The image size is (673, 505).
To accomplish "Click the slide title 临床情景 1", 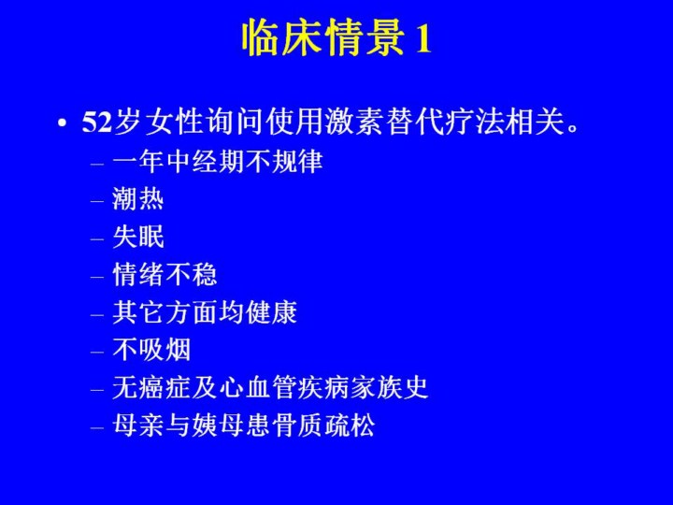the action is (x=336, y=37).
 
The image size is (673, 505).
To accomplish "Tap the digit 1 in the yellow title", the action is (x=422, y=39).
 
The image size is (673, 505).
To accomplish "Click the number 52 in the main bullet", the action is (x=96, y=123).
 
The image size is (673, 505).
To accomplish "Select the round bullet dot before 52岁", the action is (x=63, y=123).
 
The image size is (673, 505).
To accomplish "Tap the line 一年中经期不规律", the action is (x=217, y=161).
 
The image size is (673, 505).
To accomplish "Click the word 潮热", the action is (x=137, y=199).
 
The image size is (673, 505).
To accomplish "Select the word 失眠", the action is (x=137, y=237).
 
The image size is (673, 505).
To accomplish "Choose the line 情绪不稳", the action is (x=165, y=274).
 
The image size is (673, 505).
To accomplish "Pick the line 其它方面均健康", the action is (x=205, y=311).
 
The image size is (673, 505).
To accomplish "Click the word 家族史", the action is (x=389, y=387).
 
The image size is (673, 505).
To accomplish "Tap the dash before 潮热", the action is (x=97, y=200).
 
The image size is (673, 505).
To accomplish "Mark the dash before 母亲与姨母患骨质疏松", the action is (x=97, y=427).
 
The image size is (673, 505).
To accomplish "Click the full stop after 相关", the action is (x=573, y=128).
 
